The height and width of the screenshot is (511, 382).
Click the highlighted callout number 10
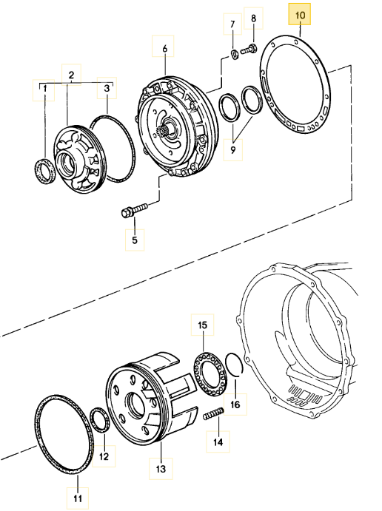pyautogui.click(x=300, y=15)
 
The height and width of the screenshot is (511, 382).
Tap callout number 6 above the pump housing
pyautogui.click(x=164, y=49)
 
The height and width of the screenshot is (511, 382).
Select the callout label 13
pyautogui.click(x=161, y=469)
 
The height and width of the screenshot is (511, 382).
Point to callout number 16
pyautogui.click(x=235, y=405)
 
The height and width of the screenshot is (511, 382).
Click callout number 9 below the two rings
pyautogui.click(x=233, y=150)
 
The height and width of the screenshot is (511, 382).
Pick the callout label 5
pyautogui.click(x=135, y=240)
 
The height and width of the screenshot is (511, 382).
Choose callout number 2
pyautogui.click(x=72, y=75)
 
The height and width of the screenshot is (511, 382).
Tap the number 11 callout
pyautogui.click(x=78, y=498)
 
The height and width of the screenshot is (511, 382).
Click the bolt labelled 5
pyautogui.click(x=134, y=209)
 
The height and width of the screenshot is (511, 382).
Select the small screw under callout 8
pyautogui.click(x=248, y=50)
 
